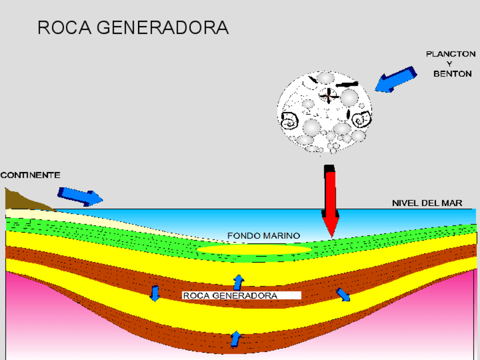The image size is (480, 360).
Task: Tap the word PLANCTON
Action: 450,54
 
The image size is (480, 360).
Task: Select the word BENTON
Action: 452,74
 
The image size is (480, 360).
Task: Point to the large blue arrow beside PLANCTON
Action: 396,79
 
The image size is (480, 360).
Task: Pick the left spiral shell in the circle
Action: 290,120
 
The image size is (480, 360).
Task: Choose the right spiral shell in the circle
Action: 362,119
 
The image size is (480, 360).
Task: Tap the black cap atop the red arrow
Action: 329,169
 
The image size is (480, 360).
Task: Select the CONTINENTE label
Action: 30,175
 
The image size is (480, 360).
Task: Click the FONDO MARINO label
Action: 263,235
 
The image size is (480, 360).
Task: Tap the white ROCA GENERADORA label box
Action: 241,295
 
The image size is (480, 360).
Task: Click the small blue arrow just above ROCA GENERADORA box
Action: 238,282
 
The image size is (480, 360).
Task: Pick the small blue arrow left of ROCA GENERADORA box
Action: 155,294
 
